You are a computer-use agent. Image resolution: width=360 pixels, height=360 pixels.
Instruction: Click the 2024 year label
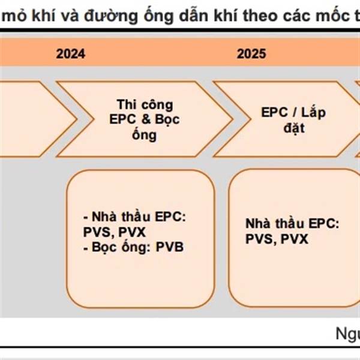(x=70, y=54)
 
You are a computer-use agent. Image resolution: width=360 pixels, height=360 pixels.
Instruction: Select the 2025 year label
(x=251, y=54)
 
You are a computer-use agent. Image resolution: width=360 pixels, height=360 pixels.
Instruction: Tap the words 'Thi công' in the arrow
(x=145, y=104)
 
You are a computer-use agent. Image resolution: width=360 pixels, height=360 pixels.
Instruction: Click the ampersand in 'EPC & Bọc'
(x=146, y=119)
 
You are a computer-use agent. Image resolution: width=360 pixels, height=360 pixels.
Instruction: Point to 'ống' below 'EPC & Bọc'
(x=145, y=134)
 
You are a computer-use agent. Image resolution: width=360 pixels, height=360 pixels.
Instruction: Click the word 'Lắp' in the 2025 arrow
(x=313, y=113)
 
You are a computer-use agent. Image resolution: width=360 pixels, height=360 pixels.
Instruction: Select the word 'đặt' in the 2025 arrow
(x=294, y=128)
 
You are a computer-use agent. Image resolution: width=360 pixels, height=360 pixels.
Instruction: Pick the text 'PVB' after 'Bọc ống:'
(x=170, y=247)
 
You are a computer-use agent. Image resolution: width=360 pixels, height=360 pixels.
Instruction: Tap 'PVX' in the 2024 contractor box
(x=132, y=232)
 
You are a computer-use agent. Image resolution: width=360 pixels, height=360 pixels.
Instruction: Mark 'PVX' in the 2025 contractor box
(x=295, y=239)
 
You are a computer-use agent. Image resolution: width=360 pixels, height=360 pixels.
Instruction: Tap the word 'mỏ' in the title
(x=14, y=16)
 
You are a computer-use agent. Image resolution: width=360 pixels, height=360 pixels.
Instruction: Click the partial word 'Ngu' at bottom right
(x=348, y=334)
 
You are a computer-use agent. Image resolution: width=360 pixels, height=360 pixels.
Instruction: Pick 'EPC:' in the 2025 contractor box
(x=324, y=224)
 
